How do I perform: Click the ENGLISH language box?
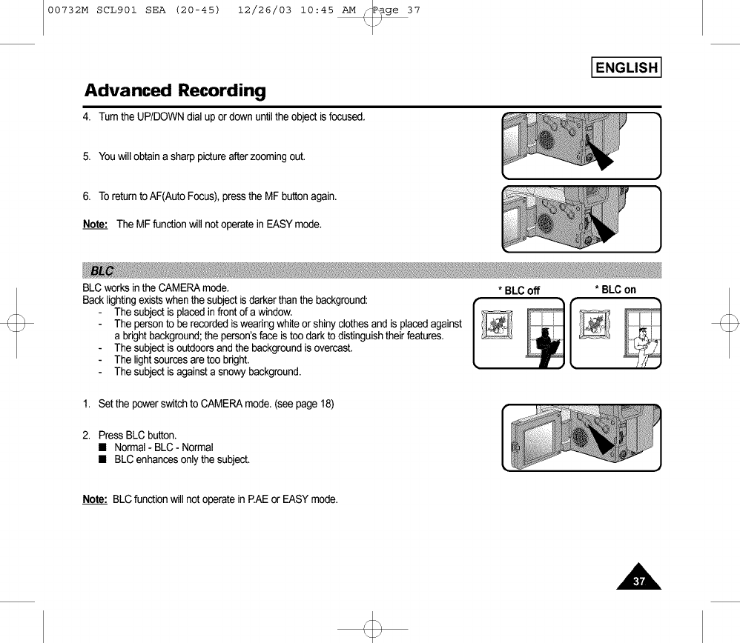coord(626,68)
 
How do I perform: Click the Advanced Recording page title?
coord(175,91)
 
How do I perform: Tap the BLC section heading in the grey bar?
coord(99,269)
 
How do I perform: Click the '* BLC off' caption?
coord(519,290)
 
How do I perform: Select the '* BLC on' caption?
coord(615,290)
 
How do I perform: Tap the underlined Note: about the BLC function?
coord(95,499)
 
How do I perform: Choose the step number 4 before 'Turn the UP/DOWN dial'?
coord(86,118)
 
